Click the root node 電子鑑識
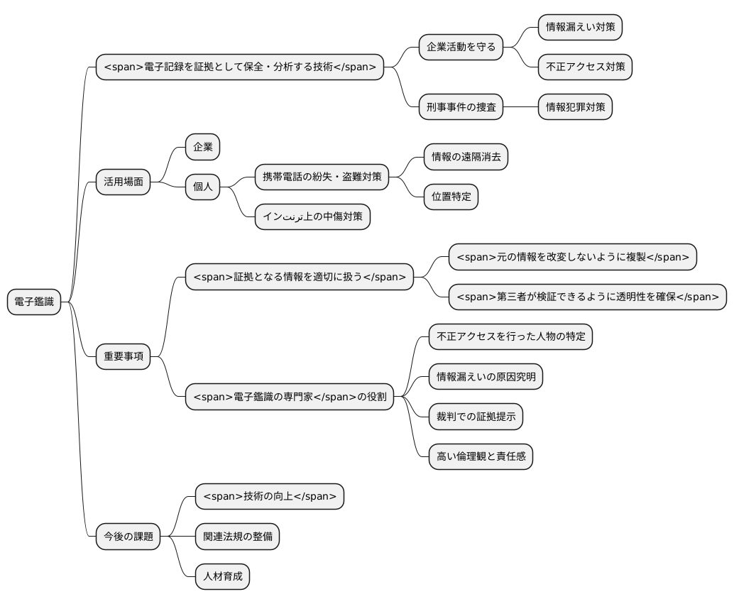point(34,302)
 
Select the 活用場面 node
point(123,182)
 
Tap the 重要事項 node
point(123,357)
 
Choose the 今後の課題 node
point(128,537)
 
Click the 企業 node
point(203,147)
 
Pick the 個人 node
point(203,187)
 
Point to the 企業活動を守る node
point(461,48)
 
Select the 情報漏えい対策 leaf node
point(581,27)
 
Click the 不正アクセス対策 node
point(585,67)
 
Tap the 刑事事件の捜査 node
point(461,107)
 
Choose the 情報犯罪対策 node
point(575,107)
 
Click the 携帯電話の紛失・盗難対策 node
point(322,177)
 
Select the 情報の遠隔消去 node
point(466,157)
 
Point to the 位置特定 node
point(451,197)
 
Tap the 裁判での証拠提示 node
point(476,417)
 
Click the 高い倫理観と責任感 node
point(481,456)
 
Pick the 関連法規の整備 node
point(237,537)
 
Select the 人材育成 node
point(222,576)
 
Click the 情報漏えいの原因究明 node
point(486,377)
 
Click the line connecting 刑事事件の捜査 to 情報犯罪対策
point(520,107)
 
